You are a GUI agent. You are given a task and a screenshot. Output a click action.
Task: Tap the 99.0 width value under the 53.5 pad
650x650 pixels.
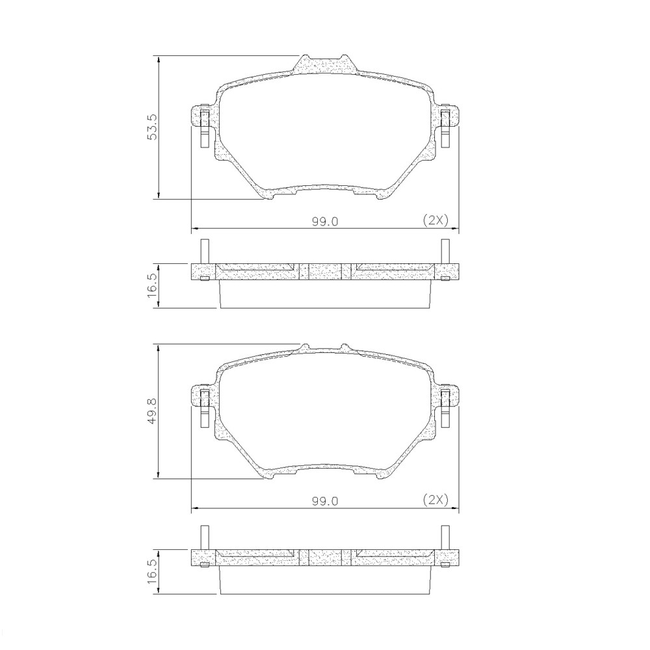point(325,221)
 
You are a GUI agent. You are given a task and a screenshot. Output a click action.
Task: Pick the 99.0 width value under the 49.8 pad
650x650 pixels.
point(325,501)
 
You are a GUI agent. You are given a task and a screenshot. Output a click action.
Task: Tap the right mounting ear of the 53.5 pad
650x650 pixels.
point(447,120)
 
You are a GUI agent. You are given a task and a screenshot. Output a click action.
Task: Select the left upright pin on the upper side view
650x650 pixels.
point(204,251)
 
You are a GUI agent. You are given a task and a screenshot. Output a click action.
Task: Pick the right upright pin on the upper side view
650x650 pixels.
point(445,251)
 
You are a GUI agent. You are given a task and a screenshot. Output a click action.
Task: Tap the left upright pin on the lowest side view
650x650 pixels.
point(204,537)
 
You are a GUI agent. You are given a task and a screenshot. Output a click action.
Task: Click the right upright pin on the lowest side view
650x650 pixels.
point(445,537)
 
